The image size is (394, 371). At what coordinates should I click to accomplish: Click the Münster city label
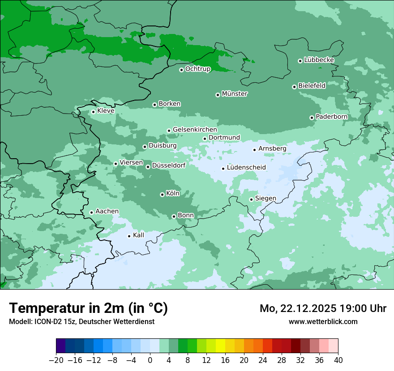pyautogui.click(x=235, y=94)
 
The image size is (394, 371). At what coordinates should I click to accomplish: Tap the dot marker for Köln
pyautogui.click(x=162, y=194)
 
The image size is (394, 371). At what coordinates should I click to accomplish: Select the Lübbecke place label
pyautogui.click(x=319, y=60)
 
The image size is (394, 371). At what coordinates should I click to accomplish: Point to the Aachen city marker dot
pyautogui.click(x=91, y=212)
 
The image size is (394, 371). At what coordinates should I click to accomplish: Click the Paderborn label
pyautogui.click(x=331, y=117)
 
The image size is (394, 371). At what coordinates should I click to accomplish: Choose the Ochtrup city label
pyautogui.click(x=197, y=69)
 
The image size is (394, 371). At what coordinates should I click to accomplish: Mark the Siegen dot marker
pyautogui.click(x=251, y=199)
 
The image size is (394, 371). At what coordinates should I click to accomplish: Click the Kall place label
pyautogui.click(x=138, y=235)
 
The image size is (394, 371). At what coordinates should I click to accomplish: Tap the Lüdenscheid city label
pyautogui.click(x=246, y=168)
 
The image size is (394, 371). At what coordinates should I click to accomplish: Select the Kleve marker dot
pyautogui.click(x=93, y=112)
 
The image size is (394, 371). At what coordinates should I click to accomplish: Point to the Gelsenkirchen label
pyautogui.click(x=195, y=130)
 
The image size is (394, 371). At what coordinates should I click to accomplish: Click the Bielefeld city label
pyautogui.click(x=312, y=85)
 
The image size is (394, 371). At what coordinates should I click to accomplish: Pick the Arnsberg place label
pyautogui.click(x=272, y=148)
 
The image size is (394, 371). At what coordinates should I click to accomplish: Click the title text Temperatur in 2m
pyautogui.click(x=88, y=308)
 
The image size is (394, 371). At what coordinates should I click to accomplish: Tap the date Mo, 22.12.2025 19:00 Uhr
pyautogui.click(x=323, y=308)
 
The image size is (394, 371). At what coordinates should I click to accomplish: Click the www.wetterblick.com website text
pyautogui.click(x=323, y=321)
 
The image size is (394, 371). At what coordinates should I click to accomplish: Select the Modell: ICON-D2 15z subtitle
pyautogui.click(x=81, y=321)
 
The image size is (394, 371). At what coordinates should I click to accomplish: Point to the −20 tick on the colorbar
pyautogui.click(x=56, y=360)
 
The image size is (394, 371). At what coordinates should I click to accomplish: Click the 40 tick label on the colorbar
pyautogui.click(x=338, y=360)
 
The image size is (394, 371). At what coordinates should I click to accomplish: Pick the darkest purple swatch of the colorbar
pyautogui.click(x=61, y=346)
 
